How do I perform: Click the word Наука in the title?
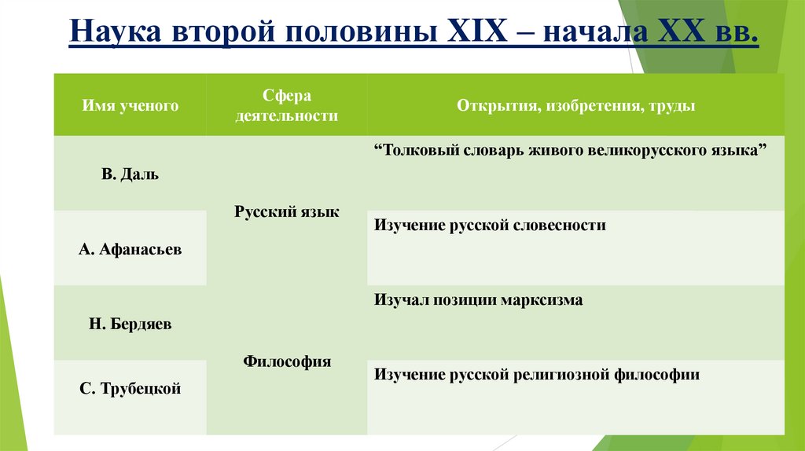(x=118, y=36)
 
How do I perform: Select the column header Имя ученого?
(x=130, y=105)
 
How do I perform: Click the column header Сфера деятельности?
(x=287, y=105)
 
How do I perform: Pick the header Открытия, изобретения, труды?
(x=575, y=105)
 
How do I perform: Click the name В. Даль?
(x=130, y=174)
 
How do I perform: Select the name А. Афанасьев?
(x=130, y=249)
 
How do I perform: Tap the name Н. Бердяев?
(x=130, y=324)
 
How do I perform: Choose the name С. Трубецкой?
(x=130, y=388)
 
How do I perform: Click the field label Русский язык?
(x=287, y=211)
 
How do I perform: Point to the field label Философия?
(x=287, y=361)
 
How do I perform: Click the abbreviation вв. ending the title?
(x=734, y=36)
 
